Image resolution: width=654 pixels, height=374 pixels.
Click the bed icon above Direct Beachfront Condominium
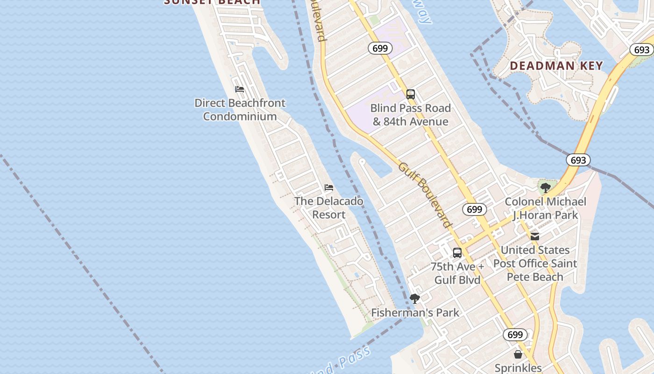click(x=240, y=89)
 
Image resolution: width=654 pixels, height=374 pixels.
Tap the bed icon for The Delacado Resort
click(x=329, y=187)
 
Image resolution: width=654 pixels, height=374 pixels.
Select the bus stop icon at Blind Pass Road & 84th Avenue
click(x=411, y=94)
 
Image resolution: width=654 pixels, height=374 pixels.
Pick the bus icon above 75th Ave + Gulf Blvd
click(x=457, y=253)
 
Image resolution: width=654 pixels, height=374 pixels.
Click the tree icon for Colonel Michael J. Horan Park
click(x=545, y=188)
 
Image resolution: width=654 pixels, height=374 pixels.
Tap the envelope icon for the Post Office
click(x=535, y=237)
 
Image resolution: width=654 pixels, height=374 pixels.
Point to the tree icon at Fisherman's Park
click(x=414, y=299)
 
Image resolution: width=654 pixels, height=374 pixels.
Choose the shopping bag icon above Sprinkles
click(x=518, y=354)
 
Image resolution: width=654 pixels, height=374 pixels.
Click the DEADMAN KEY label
click(x=556, y=66)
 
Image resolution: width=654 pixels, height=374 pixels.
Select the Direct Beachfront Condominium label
click(x=240, y=110)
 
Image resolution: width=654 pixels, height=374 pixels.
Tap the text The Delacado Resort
click(x=329, y=208)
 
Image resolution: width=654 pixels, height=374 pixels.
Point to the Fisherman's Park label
click(x=415, y=313)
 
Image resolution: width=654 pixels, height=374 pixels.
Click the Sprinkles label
click(x=518, y=368)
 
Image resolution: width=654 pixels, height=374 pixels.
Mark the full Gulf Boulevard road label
click(x=425, y=195)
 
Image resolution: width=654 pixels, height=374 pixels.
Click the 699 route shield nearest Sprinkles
click(x=515, y=335)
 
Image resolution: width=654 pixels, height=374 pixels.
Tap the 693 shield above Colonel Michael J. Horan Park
click(x=578, y=160)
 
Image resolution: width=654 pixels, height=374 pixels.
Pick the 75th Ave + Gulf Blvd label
click(x=457, y=273)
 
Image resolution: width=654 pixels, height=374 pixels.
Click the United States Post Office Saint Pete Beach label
click(x=535, y=264)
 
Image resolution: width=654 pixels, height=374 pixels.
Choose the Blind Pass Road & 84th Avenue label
click(x=411, y=115)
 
